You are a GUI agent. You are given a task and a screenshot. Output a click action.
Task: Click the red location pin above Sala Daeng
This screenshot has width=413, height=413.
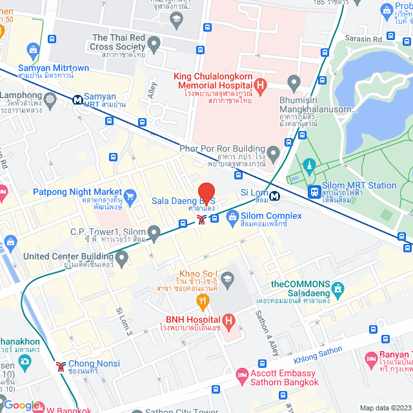[x=206, y=194]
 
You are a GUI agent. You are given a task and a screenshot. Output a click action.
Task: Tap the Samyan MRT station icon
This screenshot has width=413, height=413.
[x=77, y=100]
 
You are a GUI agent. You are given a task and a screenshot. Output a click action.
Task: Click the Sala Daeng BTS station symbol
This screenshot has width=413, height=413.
[x=201, y=219]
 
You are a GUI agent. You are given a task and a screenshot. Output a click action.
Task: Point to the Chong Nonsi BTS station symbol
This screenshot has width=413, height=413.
[x=61, y=366]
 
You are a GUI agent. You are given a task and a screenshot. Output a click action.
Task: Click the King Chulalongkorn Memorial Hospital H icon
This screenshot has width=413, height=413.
[x=259, y=85]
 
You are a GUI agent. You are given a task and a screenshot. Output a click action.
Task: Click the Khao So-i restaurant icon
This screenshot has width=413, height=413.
[x=203, y=299]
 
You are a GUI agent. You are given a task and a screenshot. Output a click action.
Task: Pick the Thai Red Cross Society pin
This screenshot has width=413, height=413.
[x=154, y=45]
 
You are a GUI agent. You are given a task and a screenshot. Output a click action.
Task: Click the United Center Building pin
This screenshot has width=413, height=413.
[x=121, y=259]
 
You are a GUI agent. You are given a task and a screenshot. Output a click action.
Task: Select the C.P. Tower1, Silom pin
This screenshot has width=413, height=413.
[x=154, y=232]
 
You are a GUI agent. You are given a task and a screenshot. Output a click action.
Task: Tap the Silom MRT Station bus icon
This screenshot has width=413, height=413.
[x=314, y=192]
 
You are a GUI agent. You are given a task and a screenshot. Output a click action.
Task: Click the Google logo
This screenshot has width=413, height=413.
[x=22, y=405]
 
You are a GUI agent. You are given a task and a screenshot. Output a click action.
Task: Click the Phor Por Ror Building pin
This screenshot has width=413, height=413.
[x=274, y=154]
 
